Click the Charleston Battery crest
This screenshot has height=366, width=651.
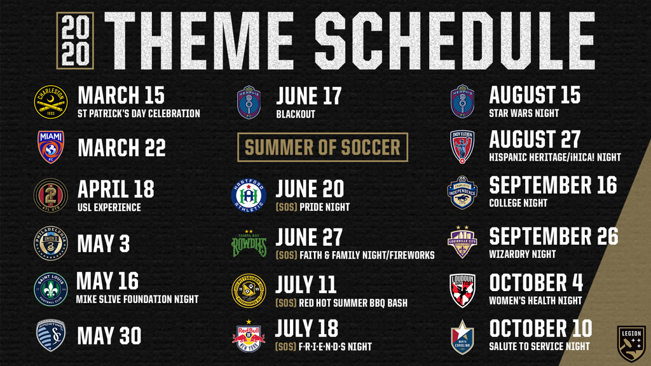click(51, 102)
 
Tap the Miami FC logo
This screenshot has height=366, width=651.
click(51, 147)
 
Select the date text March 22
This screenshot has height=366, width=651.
click(121, 147)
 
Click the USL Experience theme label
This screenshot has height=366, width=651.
click(109, 208)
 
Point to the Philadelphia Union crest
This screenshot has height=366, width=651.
click(51, 243)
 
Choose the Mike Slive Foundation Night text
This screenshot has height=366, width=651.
click(137, 299)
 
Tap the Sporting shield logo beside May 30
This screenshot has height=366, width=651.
click(51, 335)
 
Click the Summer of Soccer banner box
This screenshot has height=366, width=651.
click(322, 147)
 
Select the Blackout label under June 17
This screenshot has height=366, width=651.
click(296, 114)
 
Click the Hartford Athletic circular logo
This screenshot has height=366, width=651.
click(249, 196)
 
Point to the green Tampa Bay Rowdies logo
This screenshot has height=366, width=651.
click(249, 243)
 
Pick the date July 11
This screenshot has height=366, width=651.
click(306, 285)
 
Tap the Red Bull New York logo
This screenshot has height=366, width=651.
click(249, 336)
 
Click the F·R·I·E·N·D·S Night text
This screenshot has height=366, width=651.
click(336, 347)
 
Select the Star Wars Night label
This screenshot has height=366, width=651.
click(524, 113)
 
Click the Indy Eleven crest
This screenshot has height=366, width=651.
click(463, 147)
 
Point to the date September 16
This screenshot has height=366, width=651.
click(553, 186)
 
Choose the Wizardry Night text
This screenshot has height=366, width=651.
click(523, 254)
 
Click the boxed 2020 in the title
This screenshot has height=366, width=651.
click(75, 41)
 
